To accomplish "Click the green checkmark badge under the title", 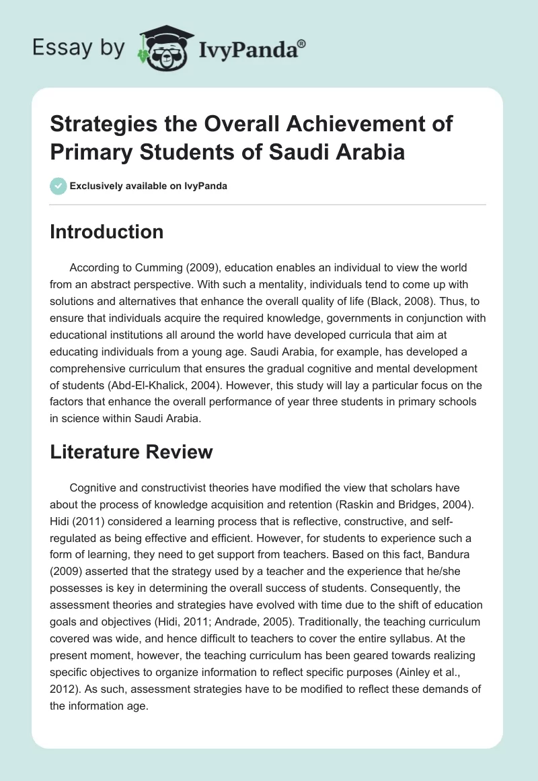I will point(58,186).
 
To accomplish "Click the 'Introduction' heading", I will point(107,232).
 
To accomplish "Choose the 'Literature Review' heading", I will point(131,452).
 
